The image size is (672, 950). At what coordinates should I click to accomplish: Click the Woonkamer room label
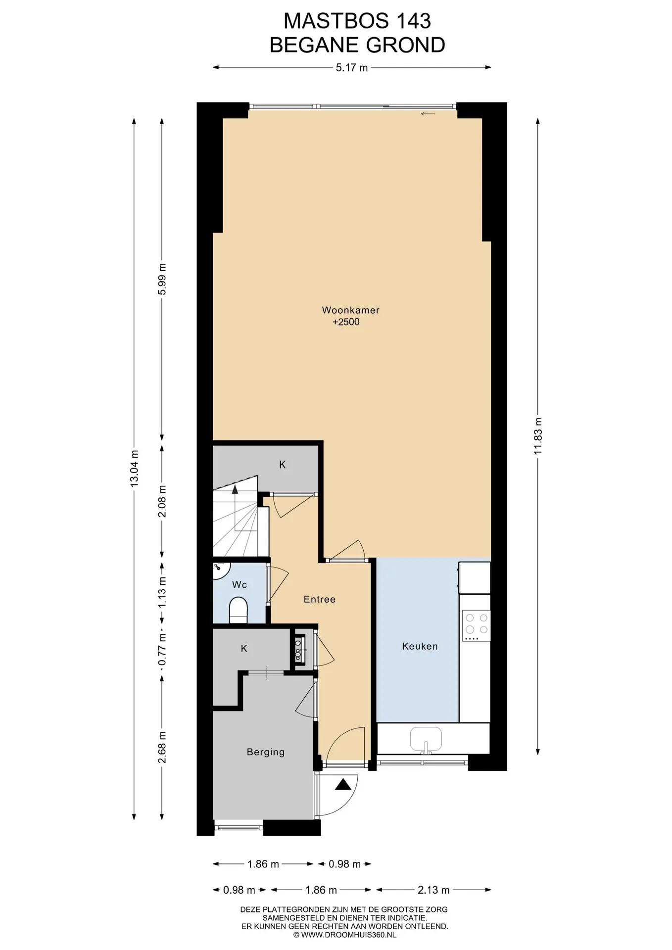[x=350, y=310]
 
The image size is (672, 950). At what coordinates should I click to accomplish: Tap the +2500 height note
[x=346, y=322]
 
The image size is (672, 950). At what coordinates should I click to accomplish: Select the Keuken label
[x=420, y=646]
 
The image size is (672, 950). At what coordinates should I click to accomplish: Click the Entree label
[x=320, y=599]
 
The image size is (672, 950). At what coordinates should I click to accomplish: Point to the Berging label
[x=266, y=752]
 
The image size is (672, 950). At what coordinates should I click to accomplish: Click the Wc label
[x=240, y=585]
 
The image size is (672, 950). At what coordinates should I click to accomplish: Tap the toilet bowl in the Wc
[x=239, y=610]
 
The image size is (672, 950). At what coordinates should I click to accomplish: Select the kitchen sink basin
[x=426, y=739]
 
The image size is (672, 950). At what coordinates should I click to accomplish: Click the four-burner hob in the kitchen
[x=476, y=625]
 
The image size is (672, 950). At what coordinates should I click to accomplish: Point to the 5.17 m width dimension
[x=352, y=68]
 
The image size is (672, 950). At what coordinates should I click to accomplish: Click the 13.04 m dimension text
[x=134, y=469]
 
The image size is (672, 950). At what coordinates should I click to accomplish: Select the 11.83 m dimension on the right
[x=538, y=436]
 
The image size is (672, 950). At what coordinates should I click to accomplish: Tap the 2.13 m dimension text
[x=433, y=890]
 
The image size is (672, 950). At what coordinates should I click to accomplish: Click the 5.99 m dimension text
[x=162, y=279]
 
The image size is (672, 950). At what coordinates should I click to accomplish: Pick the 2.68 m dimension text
[x=162, y=747]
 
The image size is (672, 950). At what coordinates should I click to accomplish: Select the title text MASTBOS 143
[x=357, y=21]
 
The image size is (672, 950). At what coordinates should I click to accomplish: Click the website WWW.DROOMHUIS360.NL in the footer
[x=344, y=935]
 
